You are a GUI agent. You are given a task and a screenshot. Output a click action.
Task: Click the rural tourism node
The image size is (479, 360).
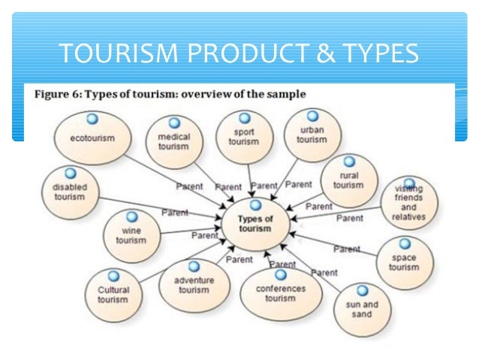click(348, 180)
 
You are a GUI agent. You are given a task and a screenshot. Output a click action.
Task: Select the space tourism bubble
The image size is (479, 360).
click(405, 262)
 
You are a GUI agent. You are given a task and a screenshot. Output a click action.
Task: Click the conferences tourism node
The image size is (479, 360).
click(280, 292)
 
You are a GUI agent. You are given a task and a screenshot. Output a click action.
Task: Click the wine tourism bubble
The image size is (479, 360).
click(131, 234)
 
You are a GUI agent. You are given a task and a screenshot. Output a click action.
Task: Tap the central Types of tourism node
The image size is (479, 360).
click(255, 222)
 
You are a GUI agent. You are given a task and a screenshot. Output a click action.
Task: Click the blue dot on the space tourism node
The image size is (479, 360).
click(405, 244)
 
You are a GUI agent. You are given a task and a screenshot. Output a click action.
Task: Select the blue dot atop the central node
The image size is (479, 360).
click(255, 204)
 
